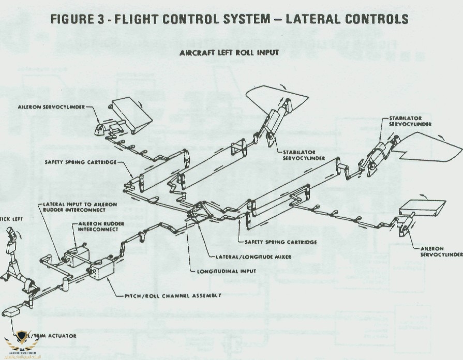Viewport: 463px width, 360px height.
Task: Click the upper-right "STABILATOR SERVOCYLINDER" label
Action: [x=410, y=121]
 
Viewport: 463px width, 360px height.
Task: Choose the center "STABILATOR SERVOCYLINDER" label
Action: [x=304, y=155]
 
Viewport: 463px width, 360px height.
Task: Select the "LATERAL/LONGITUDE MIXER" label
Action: [x=248, y=257]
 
